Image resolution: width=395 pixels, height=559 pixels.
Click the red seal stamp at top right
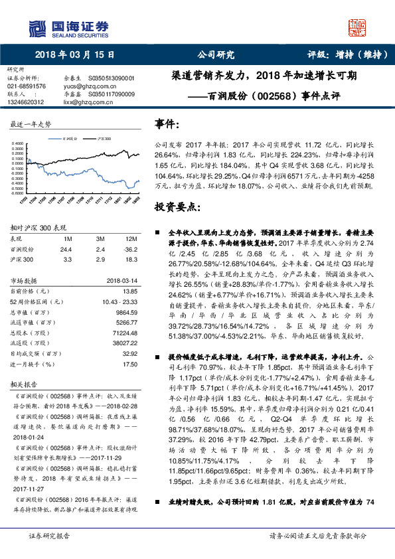point(358,29)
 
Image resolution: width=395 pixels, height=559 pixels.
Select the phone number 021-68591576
point(27,86)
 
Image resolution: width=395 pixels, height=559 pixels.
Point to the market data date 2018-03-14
point(119,280)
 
